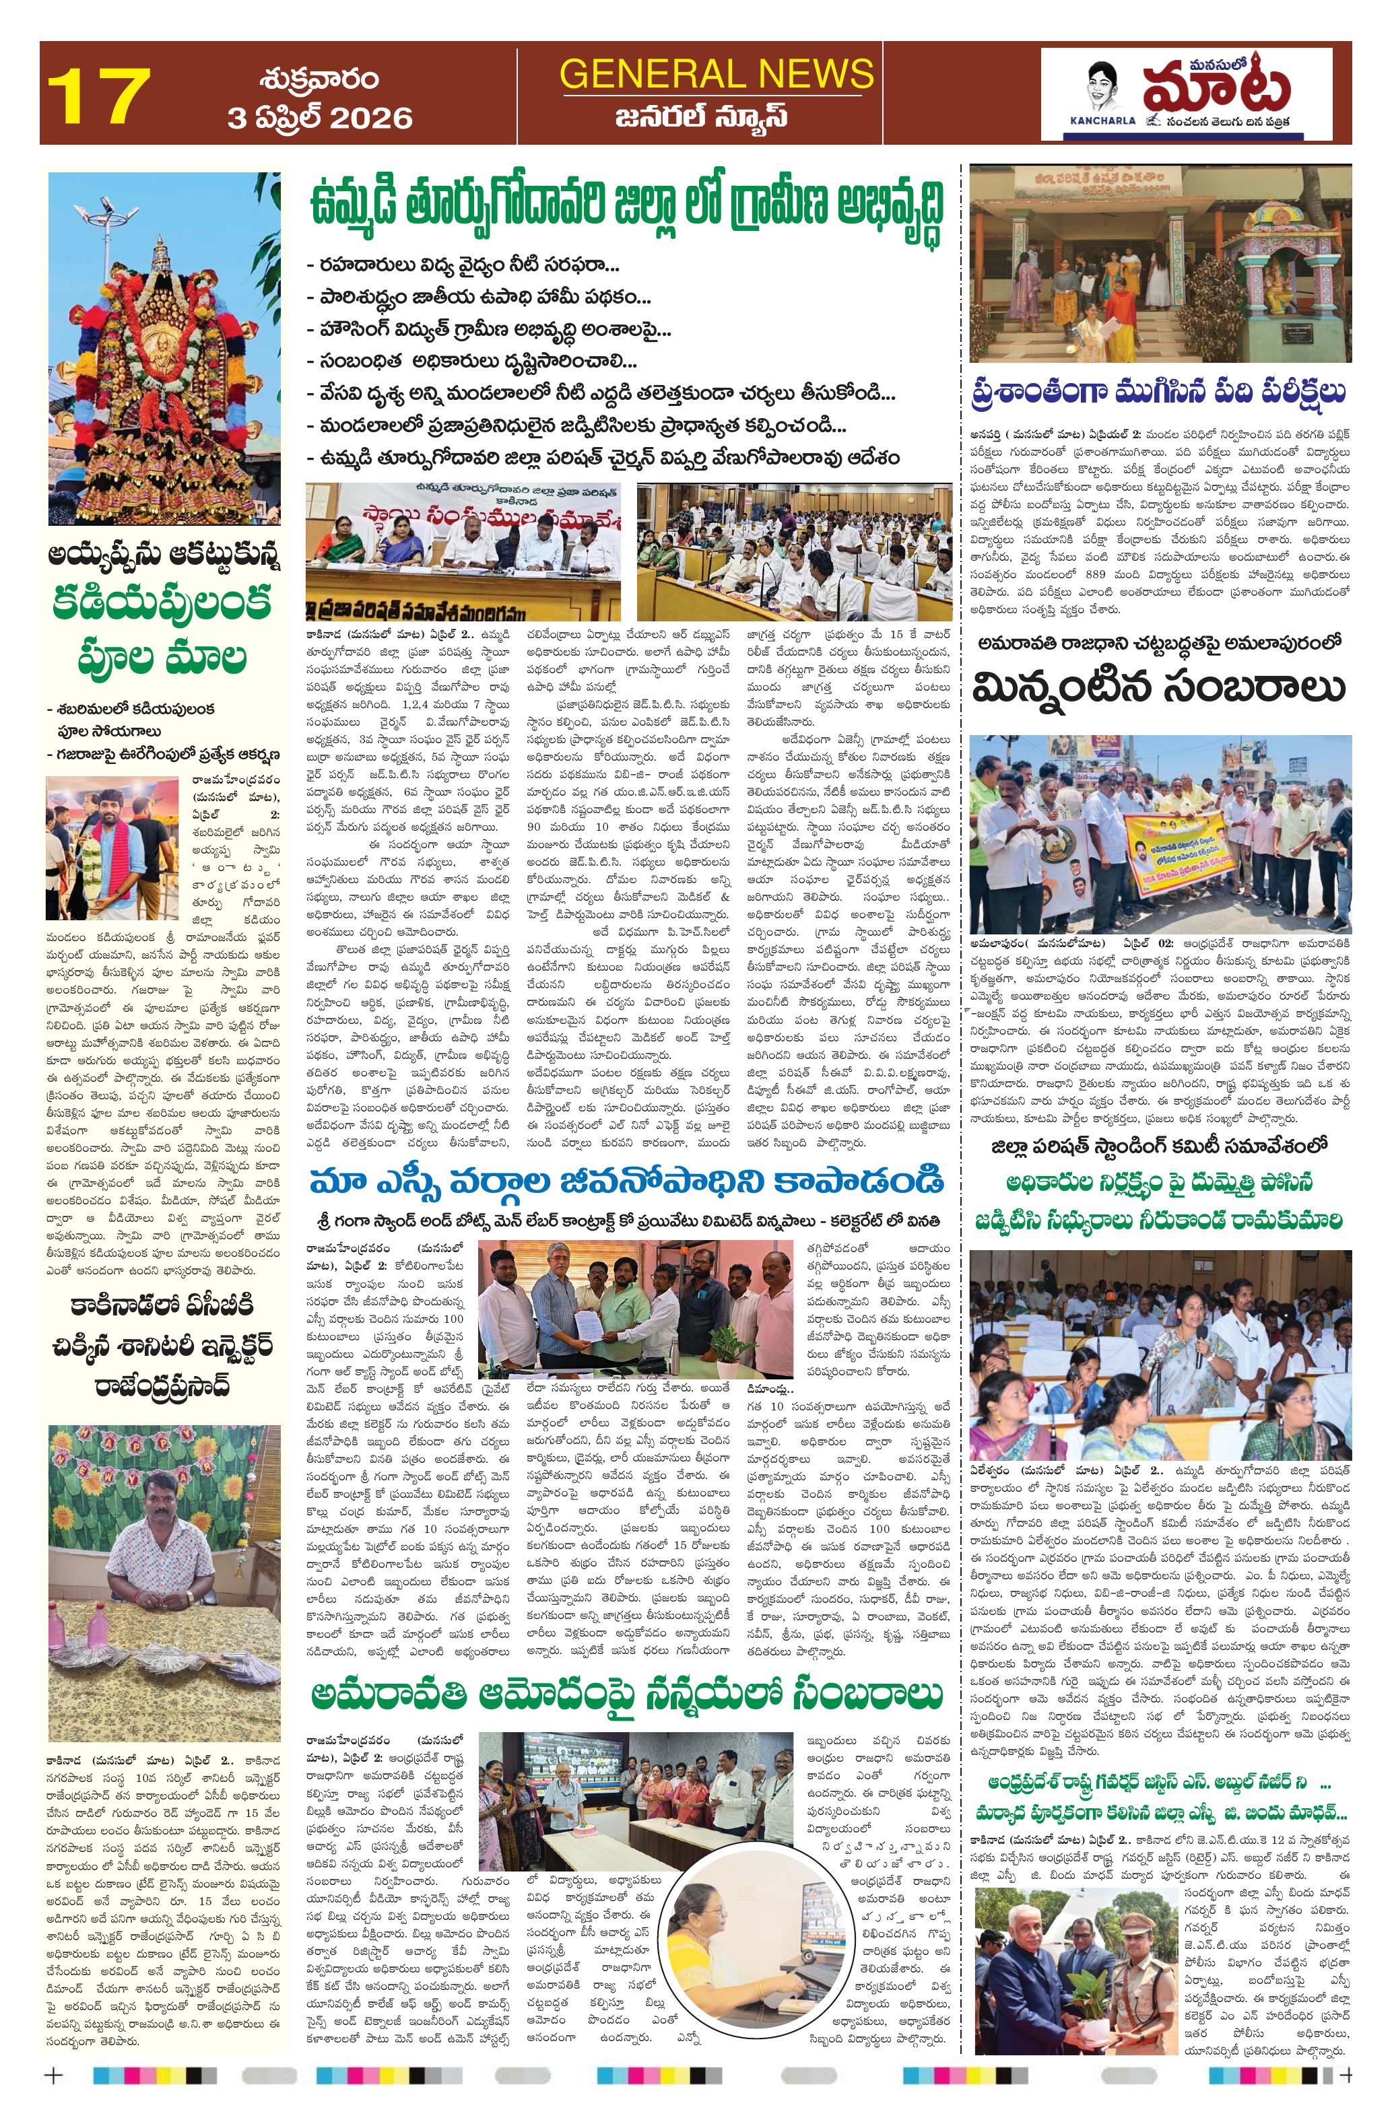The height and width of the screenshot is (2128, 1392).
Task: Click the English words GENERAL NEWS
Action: tap(716, 73)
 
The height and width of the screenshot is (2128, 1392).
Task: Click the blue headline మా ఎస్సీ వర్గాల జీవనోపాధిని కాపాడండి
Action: tap(626, 1181)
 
